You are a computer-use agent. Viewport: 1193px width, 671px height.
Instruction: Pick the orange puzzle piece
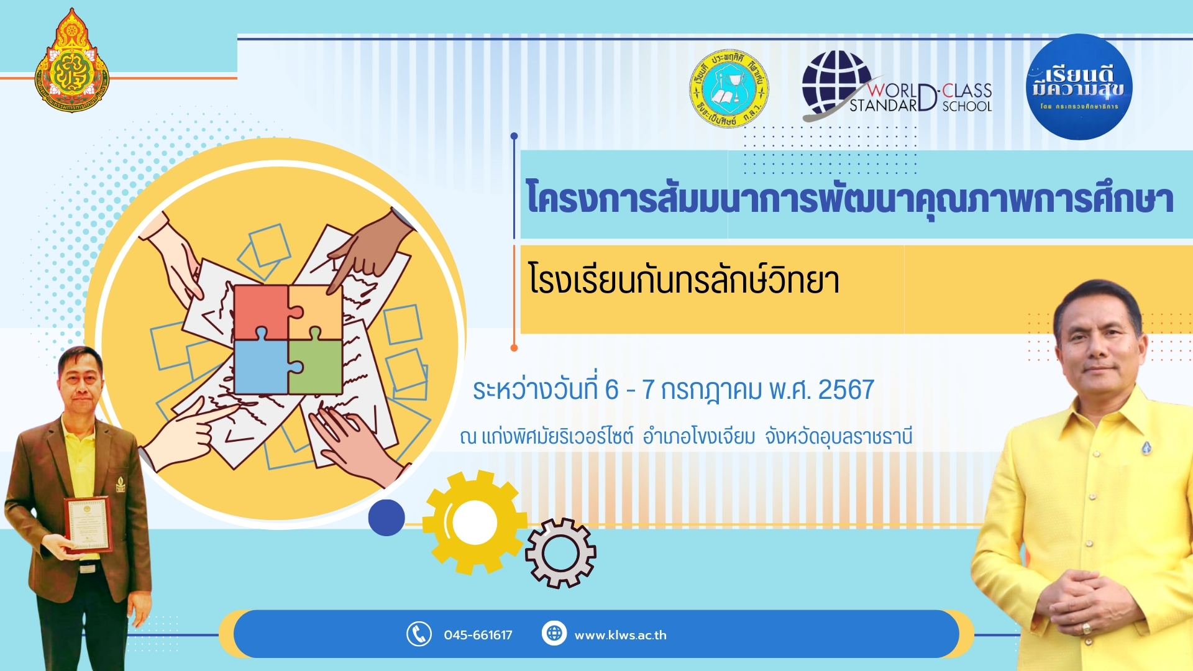click(316, 311)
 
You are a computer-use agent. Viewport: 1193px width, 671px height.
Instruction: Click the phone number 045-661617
click(478, 635)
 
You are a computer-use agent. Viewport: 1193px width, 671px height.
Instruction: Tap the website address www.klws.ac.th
click(620, 635)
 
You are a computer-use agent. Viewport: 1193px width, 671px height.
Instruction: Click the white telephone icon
click(419, 634)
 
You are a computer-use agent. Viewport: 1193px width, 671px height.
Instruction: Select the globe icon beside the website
click(554, 633)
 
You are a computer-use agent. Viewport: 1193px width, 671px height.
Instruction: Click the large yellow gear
click(473, 522)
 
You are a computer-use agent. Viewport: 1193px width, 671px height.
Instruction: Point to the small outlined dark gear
click(560, 553)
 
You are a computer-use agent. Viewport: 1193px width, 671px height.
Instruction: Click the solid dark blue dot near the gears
click(386, 518)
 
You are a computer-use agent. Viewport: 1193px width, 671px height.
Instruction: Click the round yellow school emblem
click(729, 89)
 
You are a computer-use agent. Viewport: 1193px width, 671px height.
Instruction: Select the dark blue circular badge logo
click(1079, 87)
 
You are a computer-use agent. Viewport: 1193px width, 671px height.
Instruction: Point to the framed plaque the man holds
click(88, 524)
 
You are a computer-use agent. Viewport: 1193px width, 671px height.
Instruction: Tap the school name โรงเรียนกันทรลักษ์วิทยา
click(683, 280)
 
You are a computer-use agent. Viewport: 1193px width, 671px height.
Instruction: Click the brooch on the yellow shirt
click(1147, 447)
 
